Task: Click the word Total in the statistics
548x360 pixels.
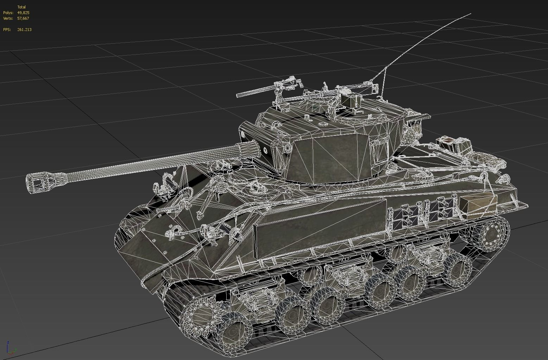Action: (x=21, y=7)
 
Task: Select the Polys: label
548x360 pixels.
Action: (x=8, y=13)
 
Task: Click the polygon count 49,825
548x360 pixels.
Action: (x=23, y=13)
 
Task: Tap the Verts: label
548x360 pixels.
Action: (x=8, y=18)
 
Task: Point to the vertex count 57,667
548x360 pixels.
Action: (x=23, y=18)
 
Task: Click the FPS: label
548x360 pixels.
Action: (x=7, y=30)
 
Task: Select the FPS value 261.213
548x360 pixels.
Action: (x=24, y=30)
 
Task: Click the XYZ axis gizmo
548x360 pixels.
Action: (x=11, y=348)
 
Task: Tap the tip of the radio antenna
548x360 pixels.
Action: (x=470, y=14)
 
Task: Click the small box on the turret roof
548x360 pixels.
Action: (x=352, y=101)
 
